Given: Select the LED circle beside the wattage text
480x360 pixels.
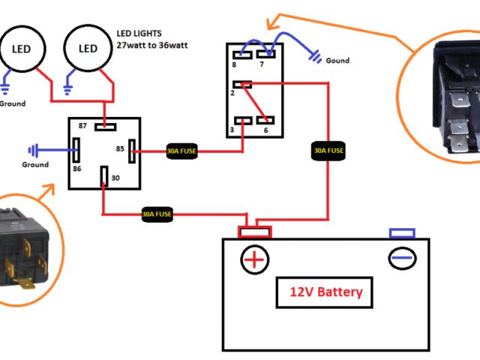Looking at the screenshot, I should click(x=88, y=49).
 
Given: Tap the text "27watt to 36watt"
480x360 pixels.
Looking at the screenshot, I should click(x=153, y=45).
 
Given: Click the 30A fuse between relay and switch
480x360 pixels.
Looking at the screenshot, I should click(x=181, y=151).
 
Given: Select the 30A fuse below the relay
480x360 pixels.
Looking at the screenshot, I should click(x=157, y=214).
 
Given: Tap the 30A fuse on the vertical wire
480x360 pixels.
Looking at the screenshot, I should click(x=328, y=151).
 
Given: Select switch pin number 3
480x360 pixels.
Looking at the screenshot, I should click(x=241, y=121).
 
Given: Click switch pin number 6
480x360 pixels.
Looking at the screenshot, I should click(x=266, y=121).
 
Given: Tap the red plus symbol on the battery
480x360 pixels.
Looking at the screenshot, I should click(x=254, y=259).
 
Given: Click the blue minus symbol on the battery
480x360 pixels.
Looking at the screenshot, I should click(x=401, y=258).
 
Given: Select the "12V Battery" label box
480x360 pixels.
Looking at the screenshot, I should click(x=325, y=292).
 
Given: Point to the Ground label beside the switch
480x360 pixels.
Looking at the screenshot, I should click(x=337, y=61).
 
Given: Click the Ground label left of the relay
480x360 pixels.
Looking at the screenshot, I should click(x=35, y=164).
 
